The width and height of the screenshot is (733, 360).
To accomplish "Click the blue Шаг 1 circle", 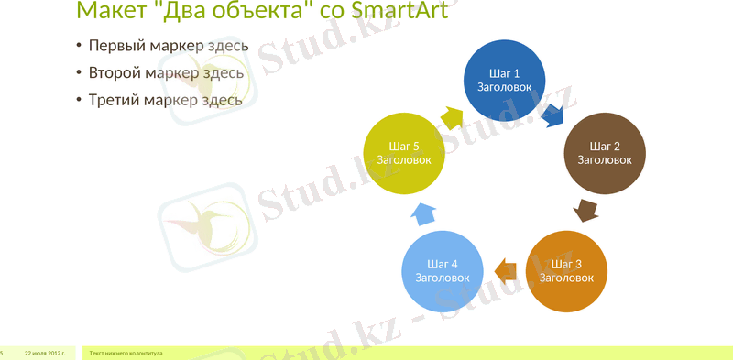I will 505,79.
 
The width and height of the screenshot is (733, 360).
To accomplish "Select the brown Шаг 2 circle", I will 605,153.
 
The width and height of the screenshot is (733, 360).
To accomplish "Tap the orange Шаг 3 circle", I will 567,269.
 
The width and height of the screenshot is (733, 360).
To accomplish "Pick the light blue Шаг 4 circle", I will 443,269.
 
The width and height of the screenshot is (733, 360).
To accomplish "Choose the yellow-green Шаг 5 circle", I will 404,153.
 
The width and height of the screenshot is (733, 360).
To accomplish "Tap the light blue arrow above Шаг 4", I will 423,213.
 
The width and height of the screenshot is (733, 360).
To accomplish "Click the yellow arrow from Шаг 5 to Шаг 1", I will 453,116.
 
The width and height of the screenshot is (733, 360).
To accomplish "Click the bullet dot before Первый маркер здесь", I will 79,47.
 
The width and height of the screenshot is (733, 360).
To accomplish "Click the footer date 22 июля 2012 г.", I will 44,353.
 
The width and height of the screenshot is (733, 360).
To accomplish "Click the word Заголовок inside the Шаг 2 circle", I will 605,160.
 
